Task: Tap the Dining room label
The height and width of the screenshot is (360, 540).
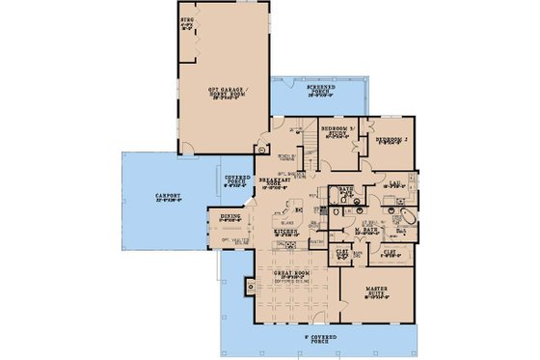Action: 229,218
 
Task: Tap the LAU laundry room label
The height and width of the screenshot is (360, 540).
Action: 394,182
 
